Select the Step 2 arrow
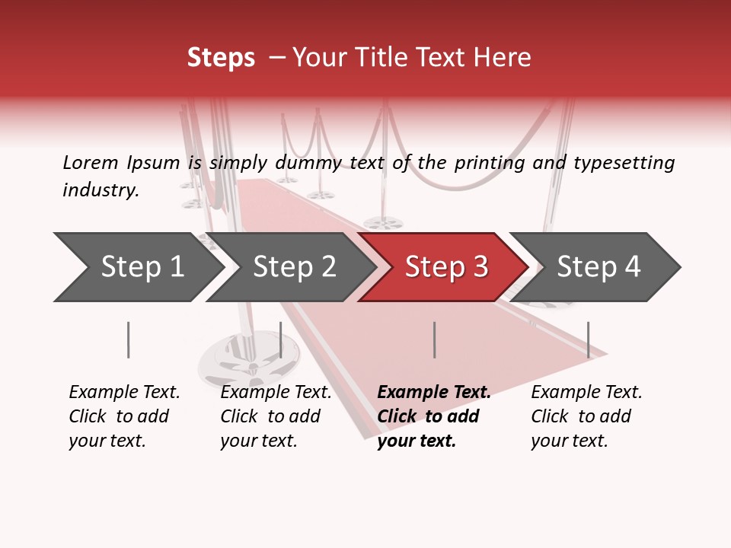click(294, 267)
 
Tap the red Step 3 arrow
click(446, 267)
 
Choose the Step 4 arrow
click(599, 267)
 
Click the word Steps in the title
click(221, 58)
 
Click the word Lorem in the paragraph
click(91, 163)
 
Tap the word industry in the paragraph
click(101, 190)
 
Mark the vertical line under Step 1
click(128, 339)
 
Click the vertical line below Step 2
click(280, 339)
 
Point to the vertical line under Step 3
click(434, 339)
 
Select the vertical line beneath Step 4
click(588, 339)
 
